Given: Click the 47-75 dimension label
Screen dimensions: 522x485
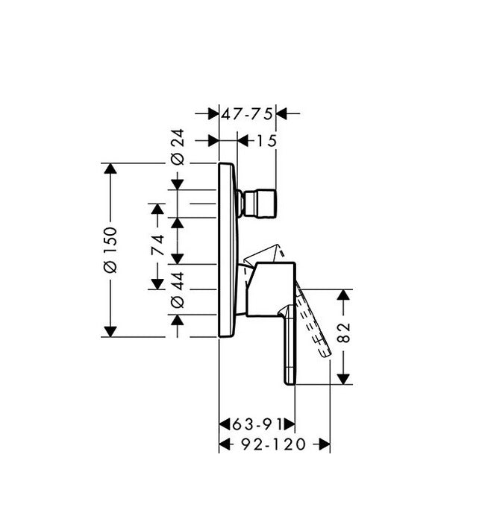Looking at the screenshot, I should click(248, 113).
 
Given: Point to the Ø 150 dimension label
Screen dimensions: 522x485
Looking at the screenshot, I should click(110, 250).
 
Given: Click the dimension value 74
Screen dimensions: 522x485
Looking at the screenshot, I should click(157, 246).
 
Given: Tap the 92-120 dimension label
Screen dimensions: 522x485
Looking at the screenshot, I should click(274, 445).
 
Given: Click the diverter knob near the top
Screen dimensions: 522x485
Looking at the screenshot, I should click(257, 202).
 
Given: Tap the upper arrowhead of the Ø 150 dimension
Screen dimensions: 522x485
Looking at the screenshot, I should click(110, 169).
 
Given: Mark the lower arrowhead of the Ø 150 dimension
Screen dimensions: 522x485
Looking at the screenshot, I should click(110, 330).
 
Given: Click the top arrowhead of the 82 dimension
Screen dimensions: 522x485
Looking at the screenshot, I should click(343, 295).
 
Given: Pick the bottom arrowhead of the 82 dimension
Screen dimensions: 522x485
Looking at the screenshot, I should click(343, 378).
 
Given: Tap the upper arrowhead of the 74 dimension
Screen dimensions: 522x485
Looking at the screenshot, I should click(157, 209).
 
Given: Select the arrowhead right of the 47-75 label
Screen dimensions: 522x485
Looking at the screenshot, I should click(282, 113).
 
